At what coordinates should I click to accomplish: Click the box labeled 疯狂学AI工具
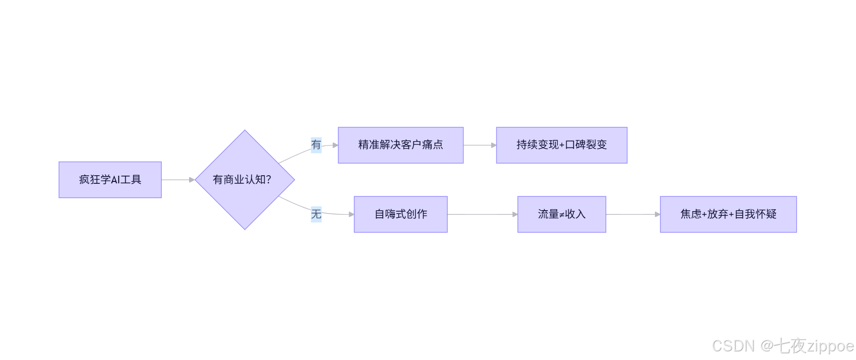click(x=110, y=180)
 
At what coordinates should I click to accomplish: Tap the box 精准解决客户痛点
click(x=400, y=145)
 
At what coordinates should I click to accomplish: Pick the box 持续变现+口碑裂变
click(x=561, y=145)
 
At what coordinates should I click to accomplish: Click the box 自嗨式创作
click(x=400, y=214)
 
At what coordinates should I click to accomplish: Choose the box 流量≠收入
click(x=561, y=214)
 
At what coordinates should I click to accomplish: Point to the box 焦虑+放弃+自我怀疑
click(x=728, y=214)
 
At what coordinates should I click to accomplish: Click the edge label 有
click(x=316, y=145)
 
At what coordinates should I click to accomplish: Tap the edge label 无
click(x=316, y=214)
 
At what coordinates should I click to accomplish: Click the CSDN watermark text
click(x=733, y=346)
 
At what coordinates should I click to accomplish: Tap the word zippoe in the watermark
click(x=831, y=346)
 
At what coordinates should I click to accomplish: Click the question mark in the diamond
click(x=269, y=180)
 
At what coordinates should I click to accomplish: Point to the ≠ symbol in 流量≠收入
click(x=562, y=215)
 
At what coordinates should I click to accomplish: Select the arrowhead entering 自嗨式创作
click(x=351, y=214)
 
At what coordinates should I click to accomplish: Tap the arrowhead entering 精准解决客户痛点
click(x=336, y=145)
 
